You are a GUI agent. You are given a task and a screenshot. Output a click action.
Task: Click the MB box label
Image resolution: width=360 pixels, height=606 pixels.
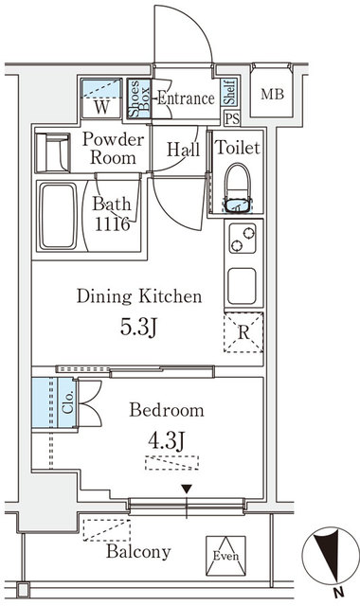[x=272, y=95]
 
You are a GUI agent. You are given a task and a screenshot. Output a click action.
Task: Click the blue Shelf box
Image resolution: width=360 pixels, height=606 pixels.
[x=228, y=93]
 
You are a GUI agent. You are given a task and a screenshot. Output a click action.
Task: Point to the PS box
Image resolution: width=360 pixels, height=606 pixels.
[x=230, y=118]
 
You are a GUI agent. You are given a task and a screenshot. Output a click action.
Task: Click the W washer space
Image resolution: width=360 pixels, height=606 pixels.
[x=101, y=104]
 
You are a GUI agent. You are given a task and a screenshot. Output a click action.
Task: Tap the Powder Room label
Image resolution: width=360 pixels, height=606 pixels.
[x=114, y=149]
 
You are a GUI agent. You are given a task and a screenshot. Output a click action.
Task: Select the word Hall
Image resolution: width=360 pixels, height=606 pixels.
[x=181, y=149]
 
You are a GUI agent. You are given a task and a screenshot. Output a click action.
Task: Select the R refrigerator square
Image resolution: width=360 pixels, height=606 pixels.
[x=243, y=332]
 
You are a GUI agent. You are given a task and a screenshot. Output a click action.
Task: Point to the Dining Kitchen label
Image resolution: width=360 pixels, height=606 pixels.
[x=139, y=297]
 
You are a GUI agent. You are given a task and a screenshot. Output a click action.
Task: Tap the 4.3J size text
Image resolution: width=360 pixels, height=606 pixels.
[x=168, y=440]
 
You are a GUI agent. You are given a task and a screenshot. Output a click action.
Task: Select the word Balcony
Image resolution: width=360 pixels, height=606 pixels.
[x=138, y=552]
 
